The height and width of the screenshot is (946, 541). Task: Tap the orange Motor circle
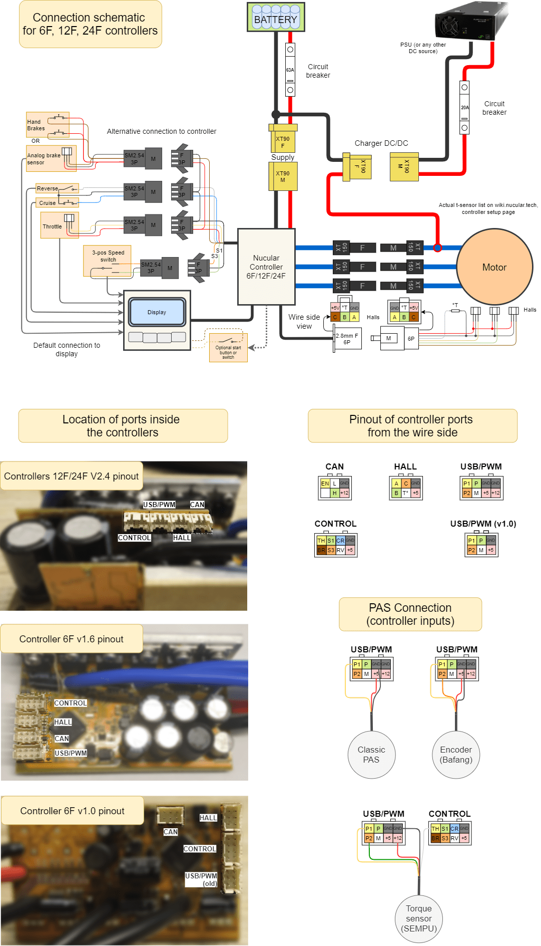494,267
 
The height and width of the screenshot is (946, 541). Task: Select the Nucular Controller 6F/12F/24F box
266,267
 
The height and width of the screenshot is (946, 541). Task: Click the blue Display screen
157,312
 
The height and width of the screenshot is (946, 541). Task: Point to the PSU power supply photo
471,21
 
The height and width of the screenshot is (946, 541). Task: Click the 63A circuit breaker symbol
290,70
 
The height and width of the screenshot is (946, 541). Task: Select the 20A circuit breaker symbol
464,107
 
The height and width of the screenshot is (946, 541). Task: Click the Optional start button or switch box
228,347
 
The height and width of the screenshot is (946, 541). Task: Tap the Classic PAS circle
371,755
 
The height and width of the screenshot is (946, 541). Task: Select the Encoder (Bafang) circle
456,755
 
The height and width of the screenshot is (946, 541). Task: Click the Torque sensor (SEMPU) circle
419,918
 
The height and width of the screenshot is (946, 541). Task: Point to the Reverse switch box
57,188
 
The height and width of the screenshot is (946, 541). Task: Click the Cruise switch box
57,203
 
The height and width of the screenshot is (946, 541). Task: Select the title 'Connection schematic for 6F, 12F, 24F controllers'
90,24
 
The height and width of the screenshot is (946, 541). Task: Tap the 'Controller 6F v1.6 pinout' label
72,639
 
